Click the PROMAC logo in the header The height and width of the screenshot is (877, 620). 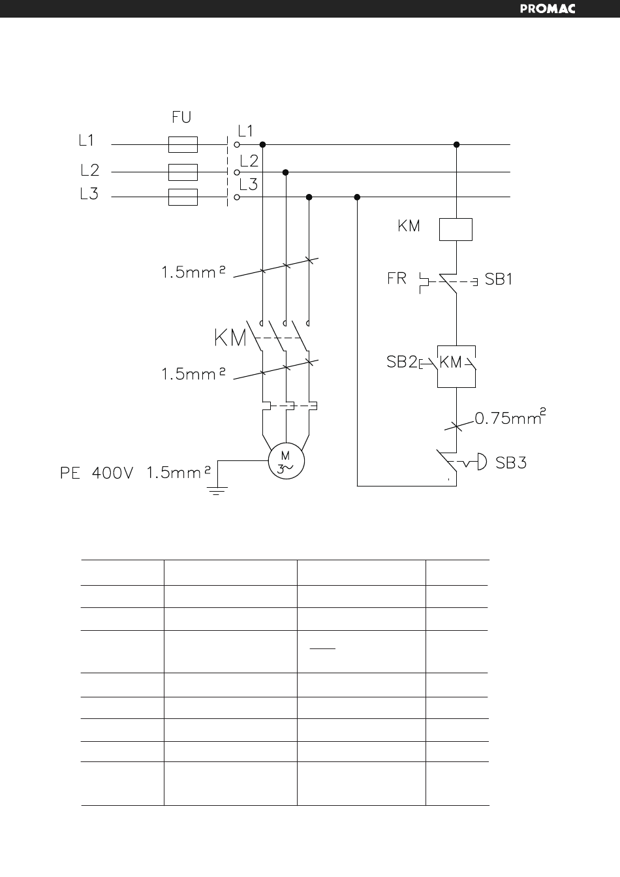(548, 9)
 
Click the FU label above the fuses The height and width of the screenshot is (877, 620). (181, 118)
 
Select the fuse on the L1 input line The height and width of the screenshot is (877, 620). (183, 144)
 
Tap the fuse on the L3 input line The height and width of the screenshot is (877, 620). (183, 197)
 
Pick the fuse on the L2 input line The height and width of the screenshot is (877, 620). (183, 172)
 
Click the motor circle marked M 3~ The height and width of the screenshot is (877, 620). (287, 461)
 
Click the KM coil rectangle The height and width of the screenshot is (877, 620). (456, 229)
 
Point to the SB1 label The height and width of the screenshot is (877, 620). (499, 279)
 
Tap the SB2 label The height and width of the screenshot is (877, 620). (402, 362)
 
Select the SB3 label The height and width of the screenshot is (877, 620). (511, 463)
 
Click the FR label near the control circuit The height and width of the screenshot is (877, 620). (397, 278)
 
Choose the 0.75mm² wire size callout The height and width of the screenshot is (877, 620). (510, 417)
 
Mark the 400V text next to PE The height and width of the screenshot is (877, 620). (113, 473)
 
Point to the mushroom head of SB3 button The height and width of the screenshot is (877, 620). (482, 462)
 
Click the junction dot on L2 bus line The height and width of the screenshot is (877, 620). (286, 172)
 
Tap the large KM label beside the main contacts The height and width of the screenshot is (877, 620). (230, 338)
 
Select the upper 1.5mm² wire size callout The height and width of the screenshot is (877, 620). (194, 272)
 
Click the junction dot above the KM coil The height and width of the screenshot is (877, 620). (456, 144)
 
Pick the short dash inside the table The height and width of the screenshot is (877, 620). (322, 648)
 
